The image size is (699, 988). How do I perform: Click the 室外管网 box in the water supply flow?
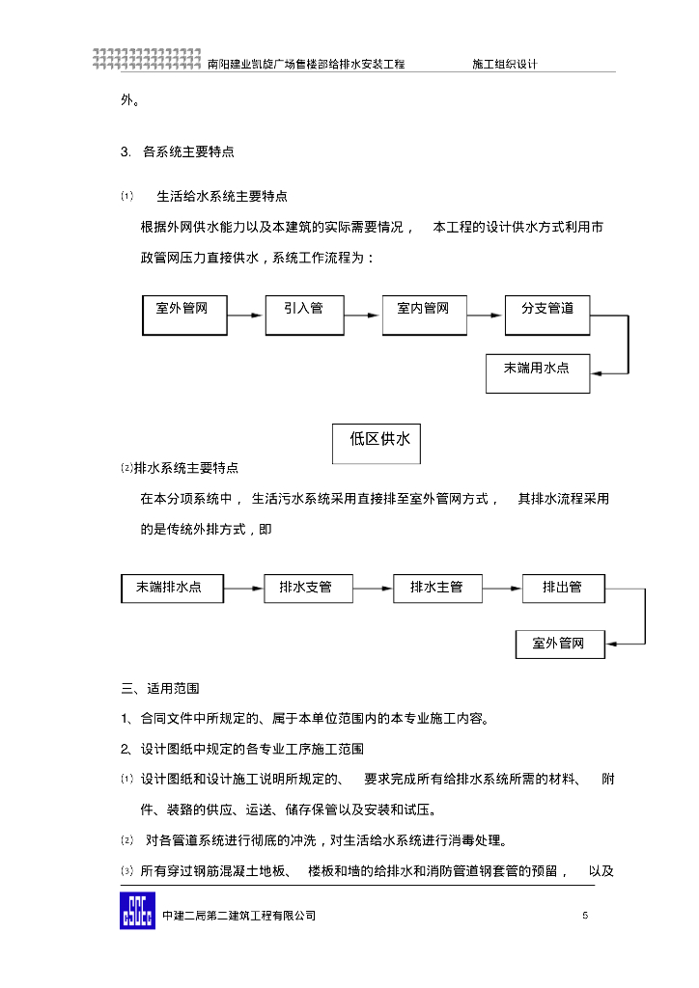[x=185, y=315]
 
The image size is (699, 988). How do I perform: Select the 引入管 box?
[x=305, y=315]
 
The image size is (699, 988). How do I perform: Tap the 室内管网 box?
[x=424, y=315]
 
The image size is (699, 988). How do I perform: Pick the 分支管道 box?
[x=547, y=315]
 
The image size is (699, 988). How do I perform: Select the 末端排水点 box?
[x=173, y=588]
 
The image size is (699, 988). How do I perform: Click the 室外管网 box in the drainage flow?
[x=560, y=644]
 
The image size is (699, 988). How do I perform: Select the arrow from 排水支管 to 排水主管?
[x=373, y=588]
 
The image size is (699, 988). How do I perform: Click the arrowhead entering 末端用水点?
[x=597, y=372]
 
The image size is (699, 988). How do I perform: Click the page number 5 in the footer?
[x=585, y=916]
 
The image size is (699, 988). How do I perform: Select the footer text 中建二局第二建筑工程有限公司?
[x=238, y=916]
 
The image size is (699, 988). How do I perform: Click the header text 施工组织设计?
[x=504, y=64]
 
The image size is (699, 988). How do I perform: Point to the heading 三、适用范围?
[x=160, y=689]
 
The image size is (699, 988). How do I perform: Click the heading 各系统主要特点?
[x=188, y=151]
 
